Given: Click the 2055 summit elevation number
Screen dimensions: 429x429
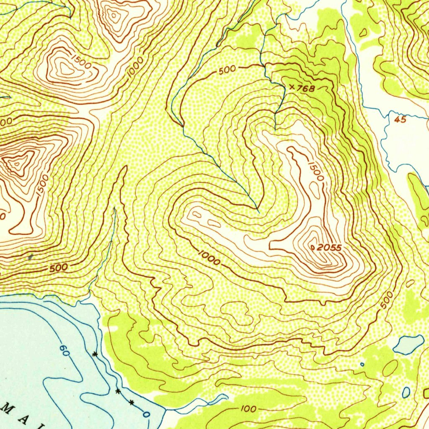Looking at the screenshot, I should [x=329, y=248].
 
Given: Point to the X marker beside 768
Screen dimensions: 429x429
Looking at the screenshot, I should [x=292, y=87].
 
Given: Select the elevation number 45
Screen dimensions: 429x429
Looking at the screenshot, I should [x=400, y=119].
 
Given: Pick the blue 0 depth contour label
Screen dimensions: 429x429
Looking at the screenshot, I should [x=146, y=414].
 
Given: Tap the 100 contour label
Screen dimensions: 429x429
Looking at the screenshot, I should [x=249, y=408].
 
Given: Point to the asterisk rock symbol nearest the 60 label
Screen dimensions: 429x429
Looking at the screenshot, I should [x=95, y=354].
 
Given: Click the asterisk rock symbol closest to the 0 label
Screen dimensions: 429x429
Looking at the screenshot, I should [x=132, y=403].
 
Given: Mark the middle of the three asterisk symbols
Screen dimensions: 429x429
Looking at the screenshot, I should [x=118, y=391].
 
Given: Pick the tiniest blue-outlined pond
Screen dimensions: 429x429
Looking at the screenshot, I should [x=362, y=364].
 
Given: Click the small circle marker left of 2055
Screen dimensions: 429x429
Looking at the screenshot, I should [x=313, y=248].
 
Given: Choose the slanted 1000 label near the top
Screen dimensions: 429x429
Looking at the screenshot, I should [x=136, y=67].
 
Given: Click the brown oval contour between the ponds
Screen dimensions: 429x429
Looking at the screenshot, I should [x=390, y=368].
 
